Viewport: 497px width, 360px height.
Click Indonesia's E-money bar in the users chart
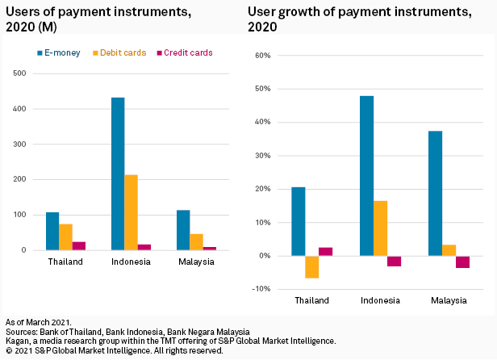118,174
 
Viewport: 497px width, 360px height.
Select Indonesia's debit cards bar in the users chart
132,212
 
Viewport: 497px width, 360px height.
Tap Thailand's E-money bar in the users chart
52,231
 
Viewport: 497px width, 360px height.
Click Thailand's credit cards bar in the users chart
79,245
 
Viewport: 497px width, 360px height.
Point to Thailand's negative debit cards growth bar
311,267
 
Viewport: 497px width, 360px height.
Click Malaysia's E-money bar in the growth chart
435,194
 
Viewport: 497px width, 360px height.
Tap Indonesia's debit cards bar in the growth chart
380,228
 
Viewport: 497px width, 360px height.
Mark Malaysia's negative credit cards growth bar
462,262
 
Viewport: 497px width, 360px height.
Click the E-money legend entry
65,52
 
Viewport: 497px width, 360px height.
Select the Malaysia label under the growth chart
449,301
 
